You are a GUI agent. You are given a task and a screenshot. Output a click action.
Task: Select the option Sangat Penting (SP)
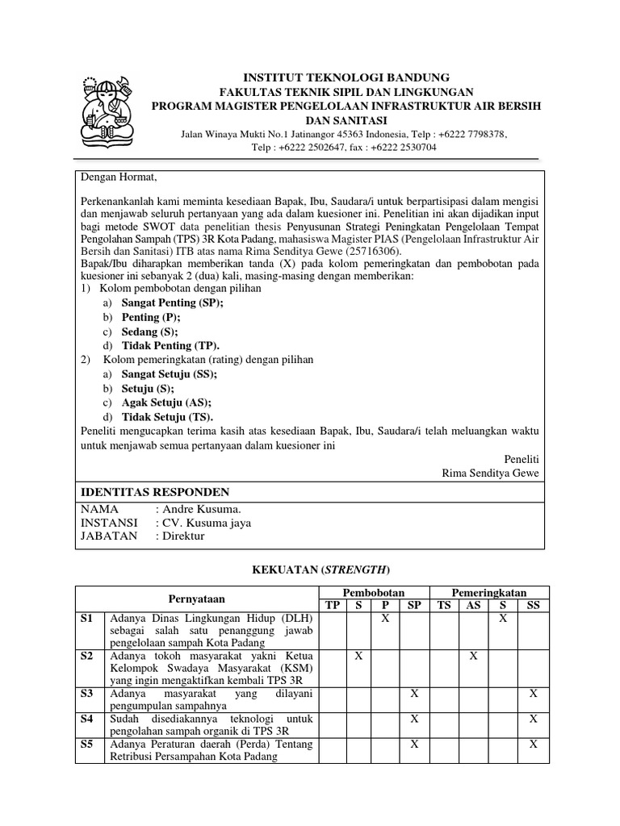coord(172,302)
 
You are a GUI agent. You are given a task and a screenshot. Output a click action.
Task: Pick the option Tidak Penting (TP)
coord(170,345)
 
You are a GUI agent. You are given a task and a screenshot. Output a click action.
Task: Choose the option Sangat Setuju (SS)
coord(169,374)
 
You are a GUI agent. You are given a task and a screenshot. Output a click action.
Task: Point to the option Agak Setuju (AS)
coord(166,403)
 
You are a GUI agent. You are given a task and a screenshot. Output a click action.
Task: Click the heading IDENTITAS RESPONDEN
coord(154,492)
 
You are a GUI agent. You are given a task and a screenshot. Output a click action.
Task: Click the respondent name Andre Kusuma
coord(202,509)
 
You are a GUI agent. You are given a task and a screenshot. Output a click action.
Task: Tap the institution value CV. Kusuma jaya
coord(207,523)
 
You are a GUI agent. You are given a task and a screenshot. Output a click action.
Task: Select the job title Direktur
coord(184,536)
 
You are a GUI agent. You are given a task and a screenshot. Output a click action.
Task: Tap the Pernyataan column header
coord(196,598)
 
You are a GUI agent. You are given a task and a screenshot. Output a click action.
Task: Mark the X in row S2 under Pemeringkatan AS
coord(474,657)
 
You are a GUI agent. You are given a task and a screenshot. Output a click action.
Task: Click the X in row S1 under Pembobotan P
coord(385,617)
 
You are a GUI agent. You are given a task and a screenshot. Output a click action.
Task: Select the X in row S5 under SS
coord(533,744)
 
